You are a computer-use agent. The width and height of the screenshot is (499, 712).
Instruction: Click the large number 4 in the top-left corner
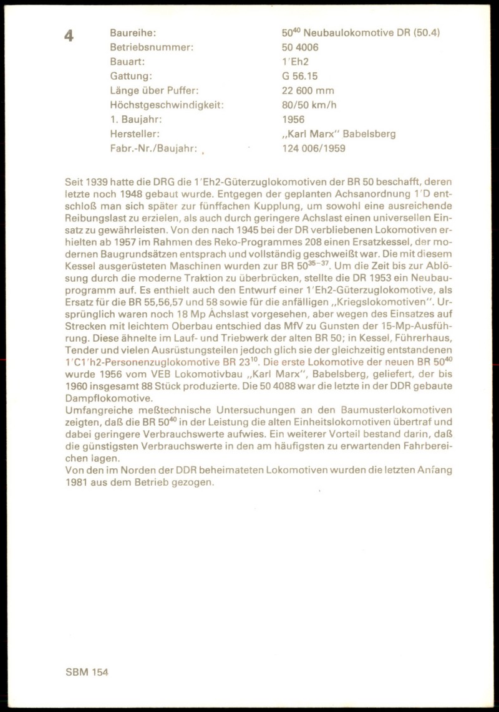pos(69,36)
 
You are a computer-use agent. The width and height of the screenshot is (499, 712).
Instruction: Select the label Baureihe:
pos(133,33)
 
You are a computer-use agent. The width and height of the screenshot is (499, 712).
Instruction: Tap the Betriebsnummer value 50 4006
pos(302,47)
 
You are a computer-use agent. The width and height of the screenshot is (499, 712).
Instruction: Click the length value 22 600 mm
pos(309,90)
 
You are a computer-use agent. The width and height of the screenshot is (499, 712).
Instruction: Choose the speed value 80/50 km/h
pos(309,105)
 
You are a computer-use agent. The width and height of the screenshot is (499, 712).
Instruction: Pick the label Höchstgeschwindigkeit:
pos(167,105)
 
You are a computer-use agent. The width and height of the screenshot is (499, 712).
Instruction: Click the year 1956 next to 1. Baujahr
pos(293,120)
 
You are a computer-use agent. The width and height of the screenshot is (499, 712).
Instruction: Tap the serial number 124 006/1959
pos(313,148)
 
